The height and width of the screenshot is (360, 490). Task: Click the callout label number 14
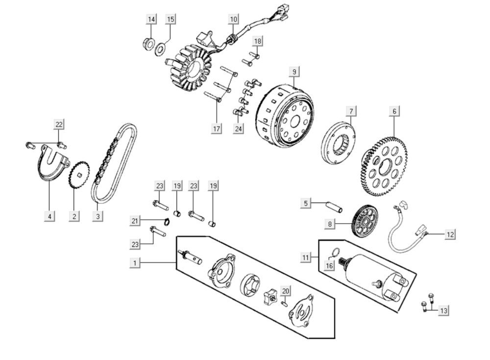[x=151, y=19]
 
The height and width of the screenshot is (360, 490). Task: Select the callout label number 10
[x=233, y=19]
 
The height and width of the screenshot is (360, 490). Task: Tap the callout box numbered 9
[x=294, y=72]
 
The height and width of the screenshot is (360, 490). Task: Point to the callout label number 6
[x=394, y=111]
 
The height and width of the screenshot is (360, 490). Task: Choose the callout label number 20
[x=286, y=291]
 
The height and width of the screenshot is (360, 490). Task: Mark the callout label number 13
[x=443, y=310]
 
